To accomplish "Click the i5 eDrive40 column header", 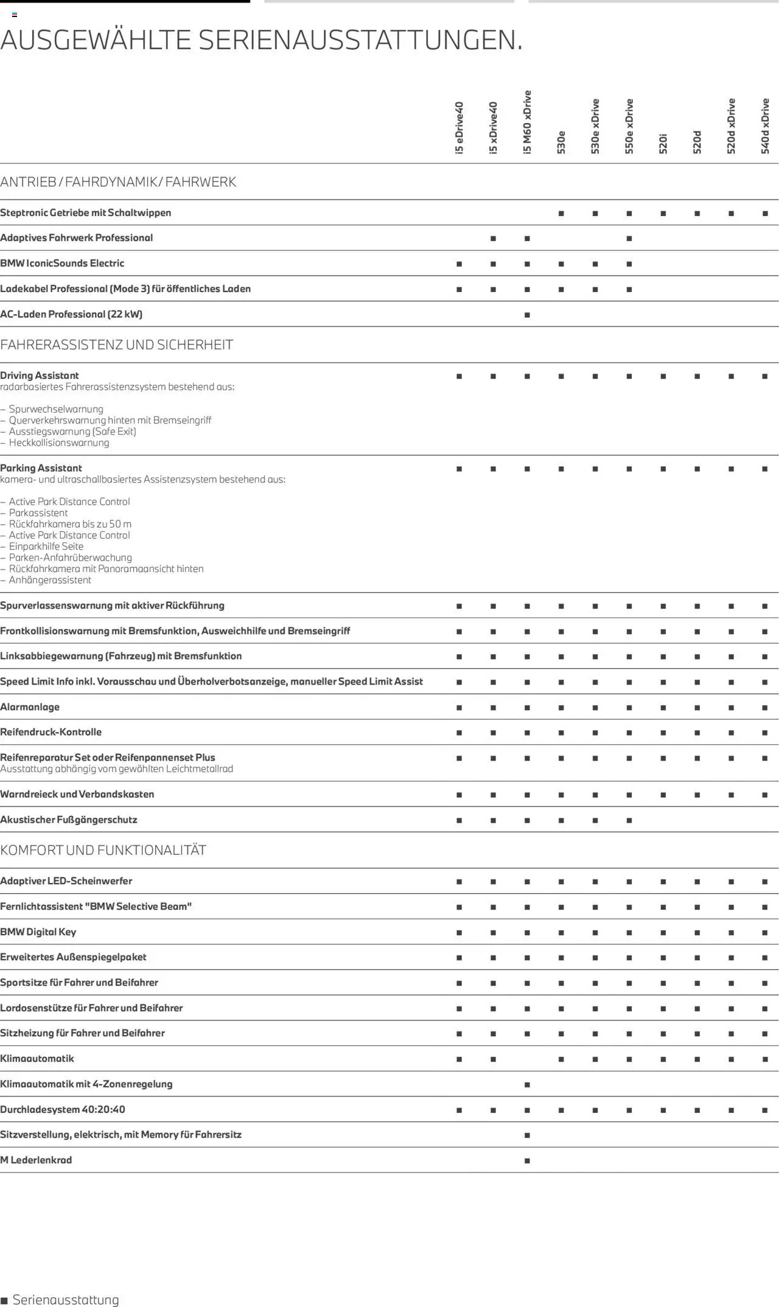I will pos(459,128).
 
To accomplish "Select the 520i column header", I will pos(663,144).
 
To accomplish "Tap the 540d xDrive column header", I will pos(765,126).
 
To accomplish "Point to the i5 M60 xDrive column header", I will pos(527,122).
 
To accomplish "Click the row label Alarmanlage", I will pos(30,707).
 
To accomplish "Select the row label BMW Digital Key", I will pos(38,932).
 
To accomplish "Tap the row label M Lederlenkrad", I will pos(36,1160).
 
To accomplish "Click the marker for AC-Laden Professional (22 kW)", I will pos(527,315).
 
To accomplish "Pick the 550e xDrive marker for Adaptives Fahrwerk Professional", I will pos(629,239).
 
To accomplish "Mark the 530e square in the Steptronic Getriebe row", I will pos(561,214).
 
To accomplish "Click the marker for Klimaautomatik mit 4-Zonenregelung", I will pos(527,1084).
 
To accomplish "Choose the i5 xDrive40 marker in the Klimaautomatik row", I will pos(493,1059).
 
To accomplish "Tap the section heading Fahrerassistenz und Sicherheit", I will pos(116,345).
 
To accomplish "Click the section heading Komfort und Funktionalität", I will pos(103,850).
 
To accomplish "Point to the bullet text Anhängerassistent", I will pos(50,580).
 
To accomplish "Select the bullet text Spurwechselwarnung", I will pos(56,409).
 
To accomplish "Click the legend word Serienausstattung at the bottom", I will pos(66,1300).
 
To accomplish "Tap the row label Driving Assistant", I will pos(40,375).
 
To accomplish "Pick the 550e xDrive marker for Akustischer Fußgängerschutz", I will pos(629,820).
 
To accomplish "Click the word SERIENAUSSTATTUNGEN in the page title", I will pos(360,40).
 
